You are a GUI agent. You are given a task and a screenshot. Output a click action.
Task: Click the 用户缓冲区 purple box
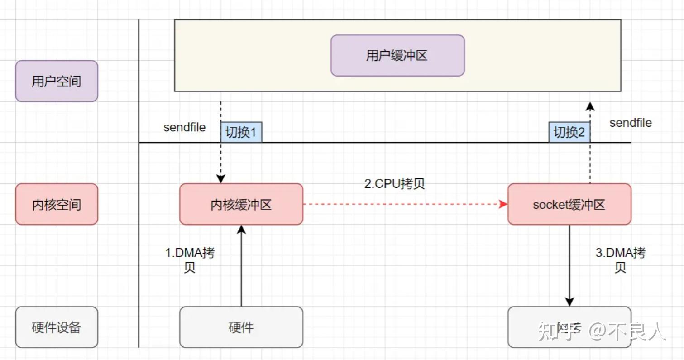click(397, 55)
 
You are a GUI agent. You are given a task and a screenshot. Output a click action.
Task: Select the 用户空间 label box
click(57, 81)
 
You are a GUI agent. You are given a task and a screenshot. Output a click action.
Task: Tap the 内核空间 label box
click(57, 204)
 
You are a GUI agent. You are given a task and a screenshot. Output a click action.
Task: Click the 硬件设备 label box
click(57, 327)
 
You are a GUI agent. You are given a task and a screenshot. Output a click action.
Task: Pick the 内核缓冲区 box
click(241, 204)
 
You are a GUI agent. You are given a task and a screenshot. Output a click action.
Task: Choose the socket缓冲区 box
click(569, 204)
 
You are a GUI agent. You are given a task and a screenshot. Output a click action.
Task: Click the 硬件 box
click(241, 327)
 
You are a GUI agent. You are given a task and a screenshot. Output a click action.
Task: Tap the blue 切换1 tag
click(241, 132)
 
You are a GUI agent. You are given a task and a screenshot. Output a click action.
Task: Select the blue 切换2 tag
click(569, 132)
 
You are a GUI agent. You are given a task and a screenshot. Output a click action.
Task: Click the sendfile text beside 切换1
click(184, 127)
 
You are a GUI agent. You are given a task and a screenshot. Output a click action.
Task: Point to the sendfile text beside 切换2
click(630, 123)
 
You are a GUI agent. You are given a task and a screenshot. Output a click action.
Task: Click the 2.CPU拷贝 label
click(394, 183)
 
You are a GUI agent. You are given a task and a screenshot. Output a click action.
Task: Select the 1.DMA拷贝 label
click(190, 259)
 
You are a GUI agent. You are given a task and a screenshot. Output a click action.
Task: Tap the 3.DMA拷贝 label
click(620, 259)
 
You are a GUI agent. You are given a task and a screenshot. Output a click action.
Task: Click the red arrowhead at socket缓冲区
click(503, 204)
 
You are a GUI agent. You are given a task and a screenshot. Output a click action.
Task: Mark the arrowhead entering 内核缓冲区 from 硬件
click(241, 230)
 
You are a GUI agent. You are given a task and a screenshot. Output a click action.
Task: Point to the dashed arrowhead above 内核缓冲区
click(220, 179)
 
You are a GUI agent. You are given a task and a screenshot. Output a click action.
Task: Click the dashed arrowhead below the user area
click(589, 106)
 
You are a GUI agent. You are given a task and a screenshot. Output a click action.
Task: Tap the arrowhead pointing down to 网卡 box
click(569, 302)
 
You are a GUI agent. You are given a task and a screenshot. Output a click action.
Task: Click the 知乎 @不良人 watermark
click(602, 331)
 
